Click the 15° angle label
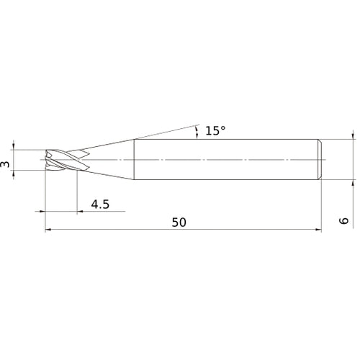click(x=215, y=131)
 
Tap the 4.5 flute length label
click(x=100, y=204)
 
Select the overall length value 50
click(x=179, y=222)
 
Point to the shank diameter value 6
click(x=344, y=221)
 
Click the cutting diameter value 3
click(x=5, y=164)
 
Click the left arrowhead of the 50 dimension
click(x=48, y=230)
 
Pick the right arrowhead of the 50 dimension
click(x=318, y=230)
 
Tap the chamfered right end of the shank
click(x=320, y=159)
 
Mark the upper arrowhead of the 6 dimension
click(x=353, y=136)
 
